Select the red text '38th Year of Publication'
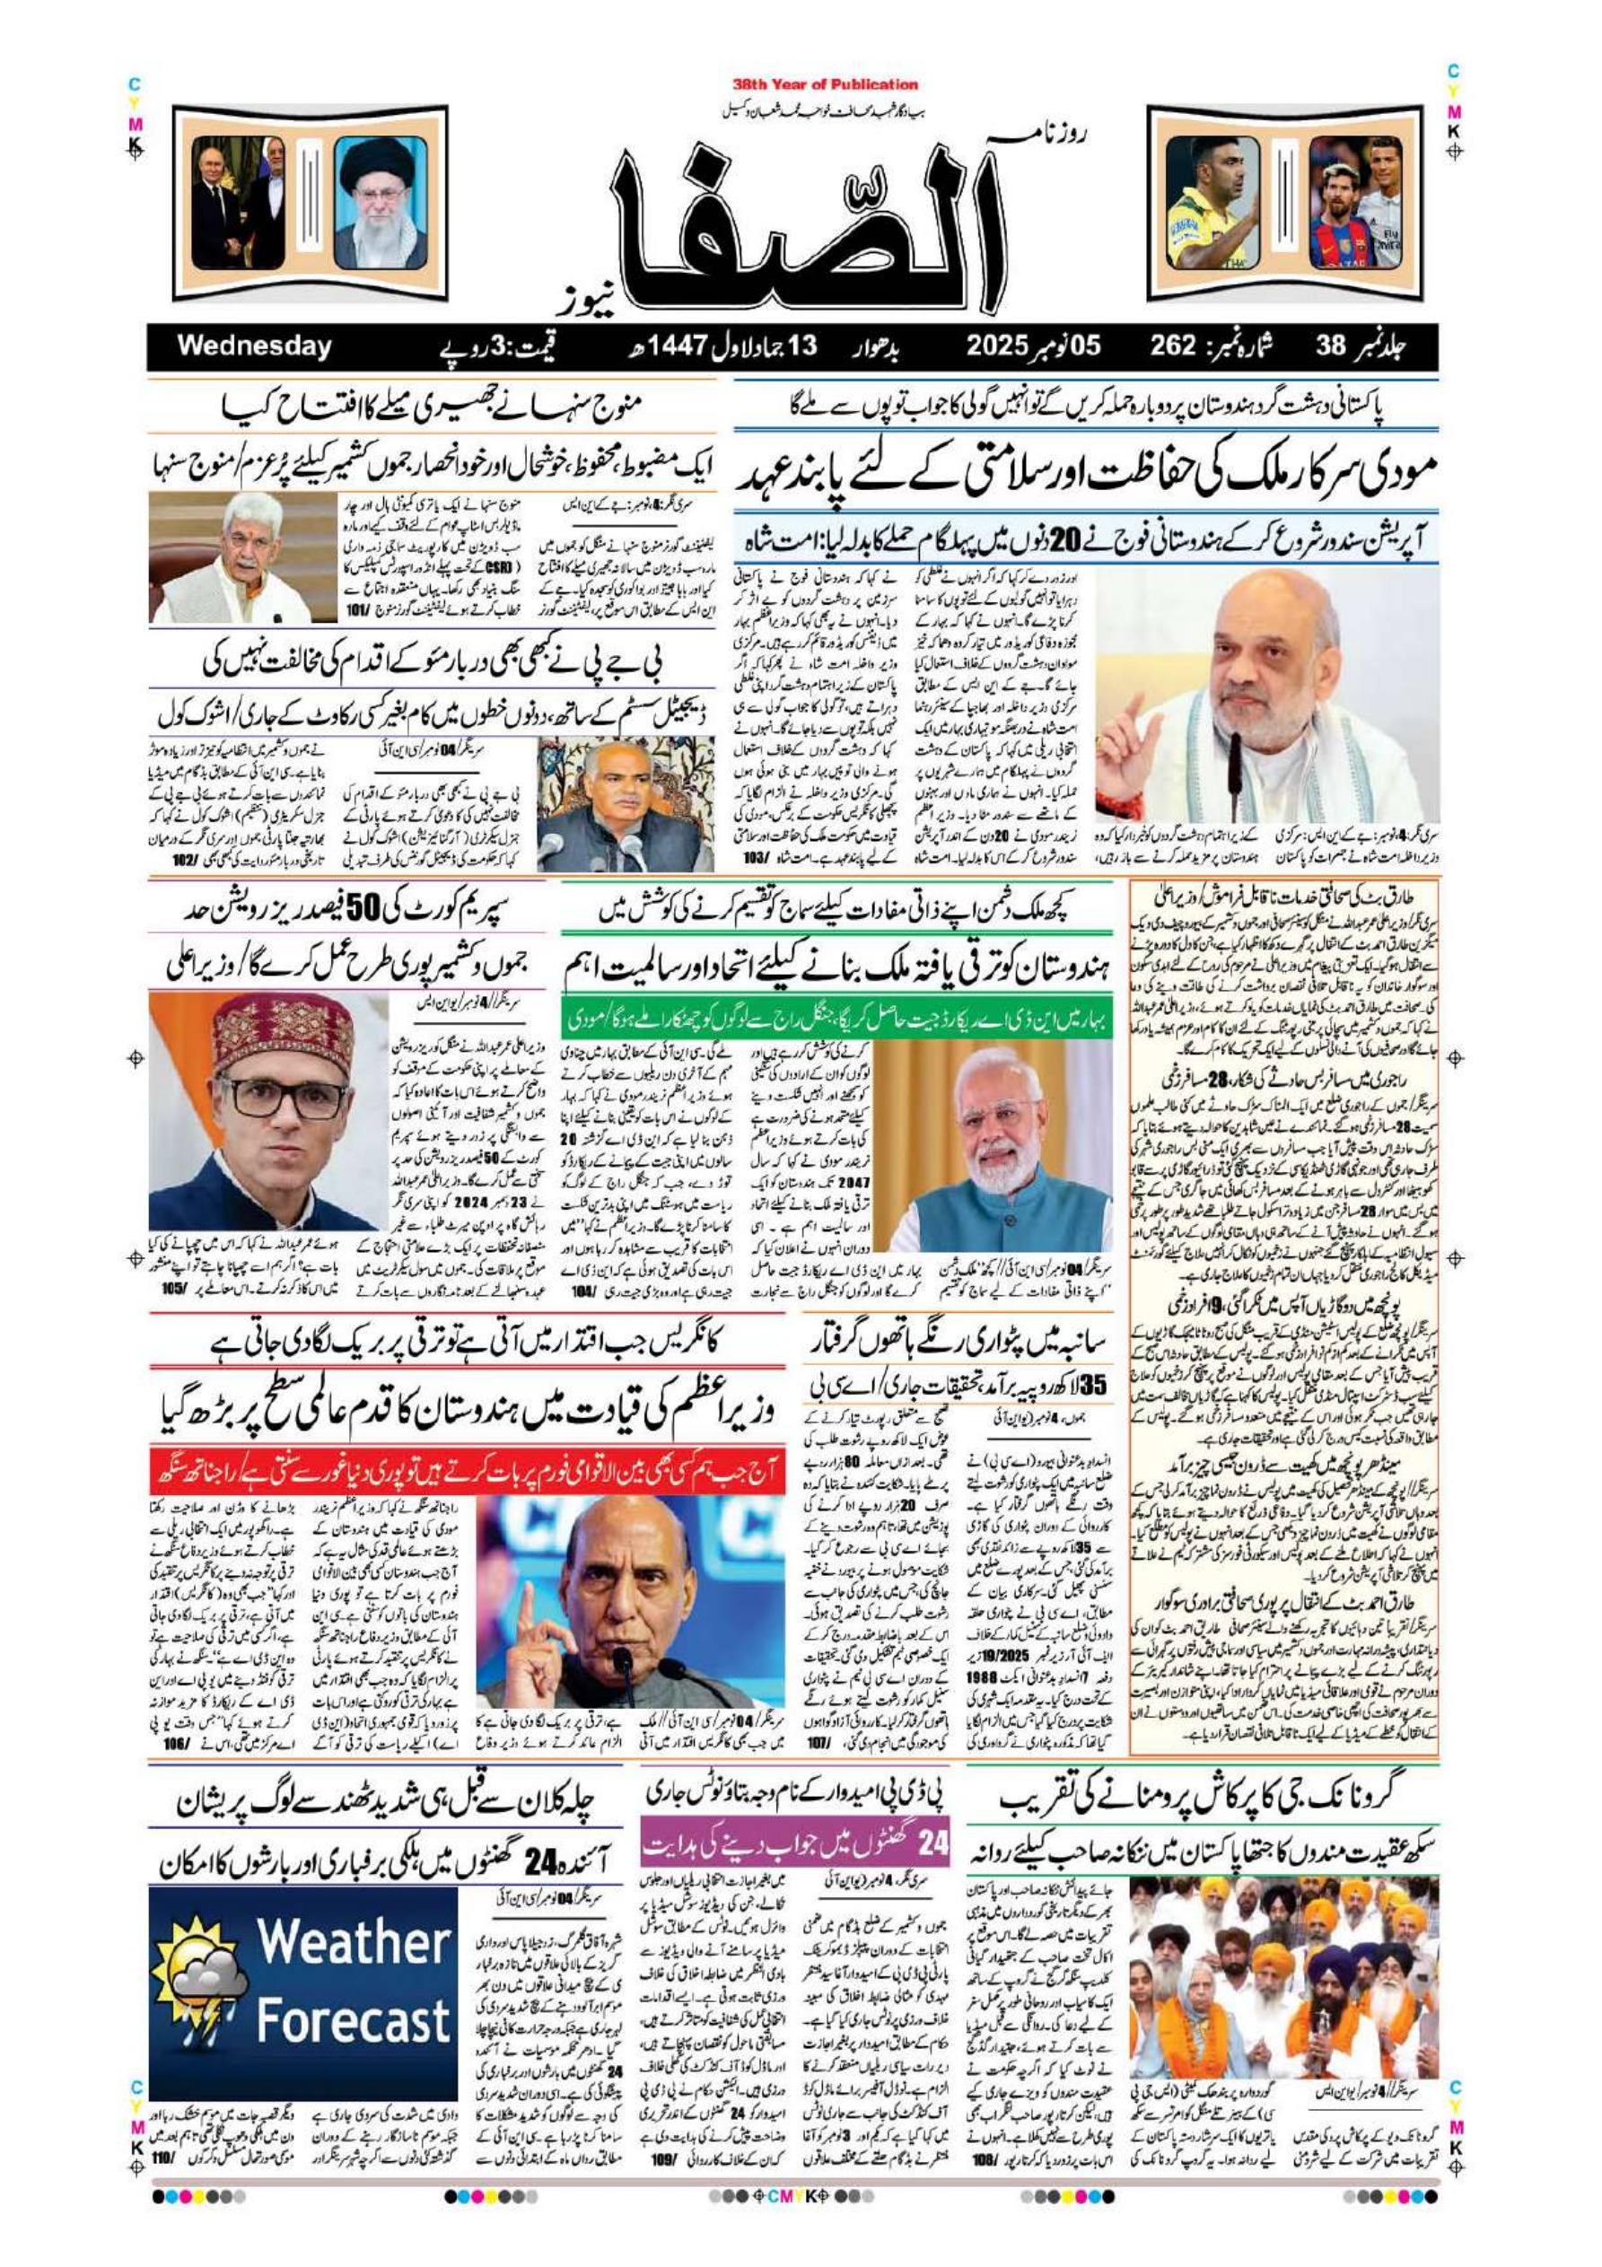[825, 85]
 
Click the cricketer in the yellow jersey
[1212, 203]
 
